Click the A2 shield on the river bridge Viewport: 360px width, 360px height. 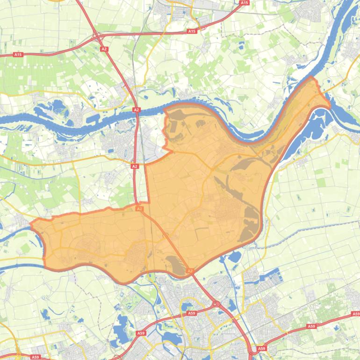click(x=137, y=110)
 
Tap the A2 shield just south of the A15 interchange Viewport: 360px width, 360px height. click(x=104, y=48)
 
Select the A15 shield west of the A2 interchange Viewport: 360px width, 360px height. click(x=18, y=55)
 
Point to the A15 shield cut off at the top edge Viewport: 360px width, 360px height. click(x=244, y=3)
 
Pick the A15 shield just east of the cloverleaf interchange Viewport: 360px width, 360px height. click(x=191, y=31)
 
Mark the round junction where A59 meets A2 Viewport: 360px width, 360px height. click(x=216, y=304)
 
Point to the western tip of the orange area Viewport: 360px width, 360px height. click(x=31, y=224)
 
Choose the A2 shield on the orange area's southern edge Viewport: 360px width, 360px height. click(x=190, y=271)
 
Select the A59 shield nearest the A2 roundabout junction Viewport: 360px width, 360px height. click(x=191, y=313)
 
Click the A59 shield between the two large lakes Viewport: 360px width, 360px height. click(x=141, y=333)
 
